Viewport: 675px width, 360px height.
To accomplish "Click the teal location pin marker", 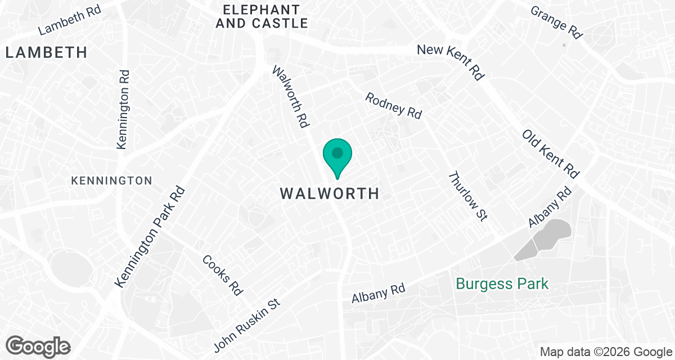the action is pos(337,156).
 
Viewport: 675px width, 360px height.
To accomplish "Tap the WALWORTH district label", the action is pos(330,194).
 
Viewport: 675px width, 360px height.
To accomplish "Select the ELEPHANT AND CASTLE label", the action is pos(265,16).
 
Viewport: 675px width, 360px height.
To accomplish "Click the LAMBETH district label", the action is pos(47,53).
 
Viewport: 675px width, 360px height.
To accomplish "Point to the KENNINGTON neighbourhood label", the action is pos(111,181).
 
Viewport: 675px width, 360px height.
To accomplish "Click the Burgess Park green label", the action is pos(502,283).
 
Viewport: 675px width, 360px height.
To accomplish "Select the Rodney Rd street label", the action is pos(393,105).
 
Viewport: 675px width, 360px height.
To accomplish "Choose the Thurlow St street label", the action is pos(467,196).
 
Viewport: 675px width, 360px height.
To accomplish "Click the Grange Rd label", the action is pos(556,22).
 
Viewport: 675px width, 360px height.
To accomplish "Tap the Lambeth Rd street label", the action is pos(70,20).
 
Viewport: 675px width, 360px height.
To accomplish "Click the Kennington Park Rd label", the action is pos(150,236).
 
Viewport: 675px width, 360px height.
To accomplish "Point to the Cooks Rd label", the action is pos(223,275).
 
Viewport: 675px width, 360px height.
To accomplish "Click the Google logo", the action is pos(38,345).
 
